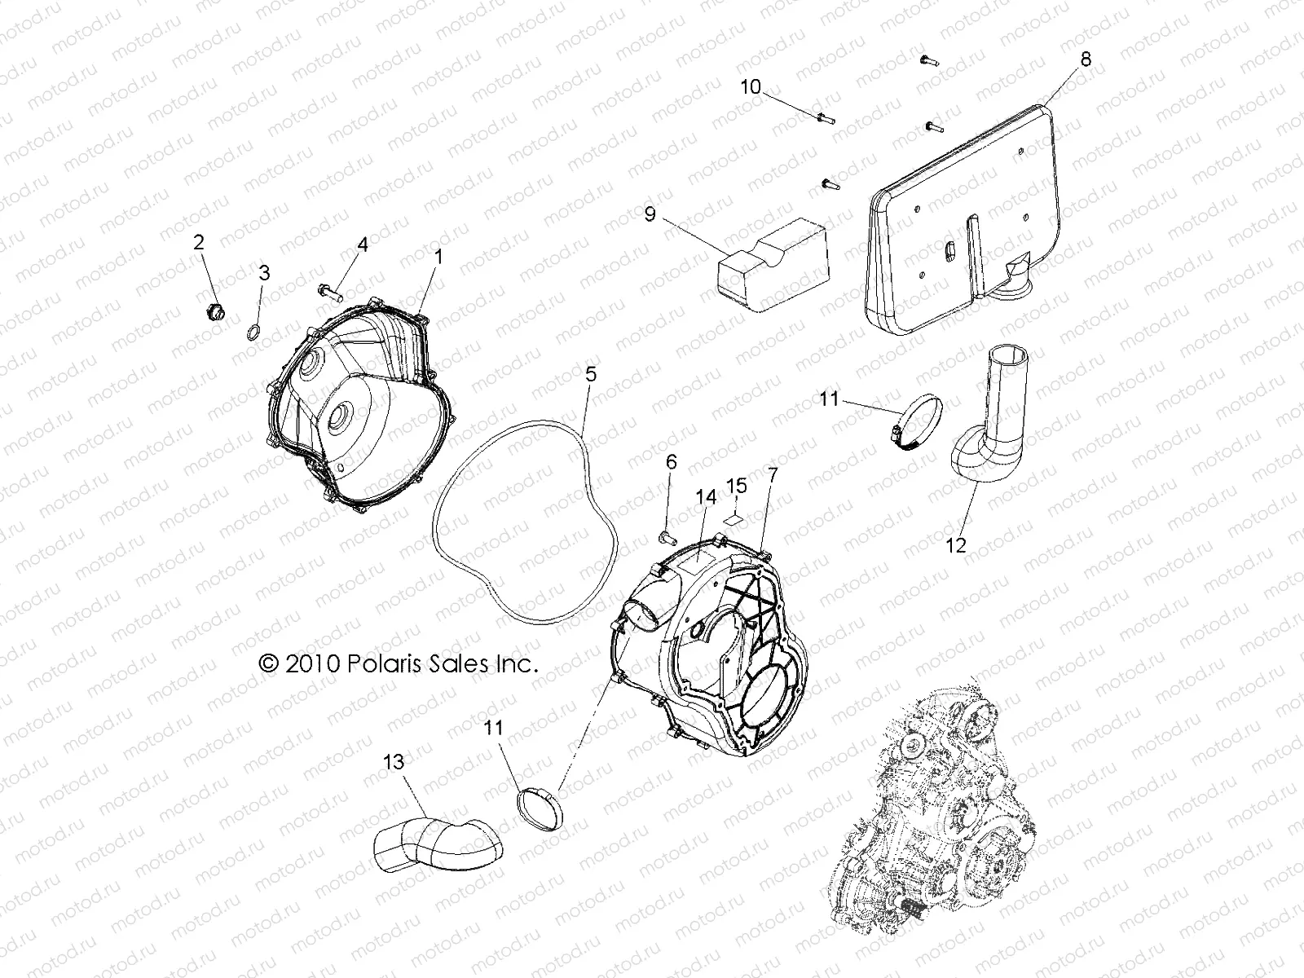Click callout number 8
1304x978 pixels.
pyautogui.click(x=1085, y=60)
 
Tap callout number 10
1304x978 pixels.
pyautogui.click(x=750, y=87)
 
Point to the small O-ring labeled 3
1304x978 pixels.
pyautogui.click(x=253, y=332)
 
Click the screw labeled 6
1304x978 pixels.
pyautogui.click(x=667, y=537)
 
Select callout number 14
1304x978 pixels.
pyautogui.click(x=705, y=496)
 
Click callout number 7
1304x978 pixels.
pyautogui.click(x=773, y=474)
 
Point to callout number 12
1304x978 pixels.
pyautogui.click(x=957, y=544)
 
